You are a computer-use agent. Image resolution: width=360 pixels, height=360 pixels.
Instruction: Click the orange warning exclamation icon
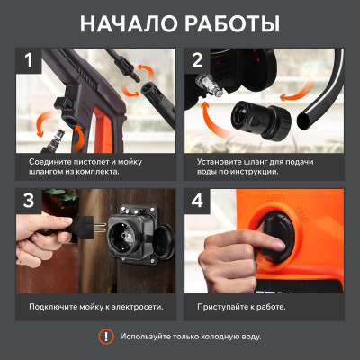point(105,336)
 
